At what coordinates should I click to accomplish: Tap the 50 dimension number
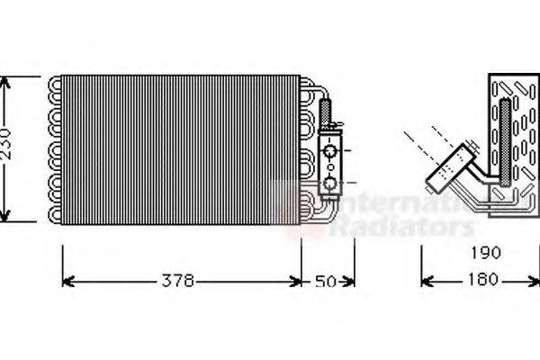coord(327,282)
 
